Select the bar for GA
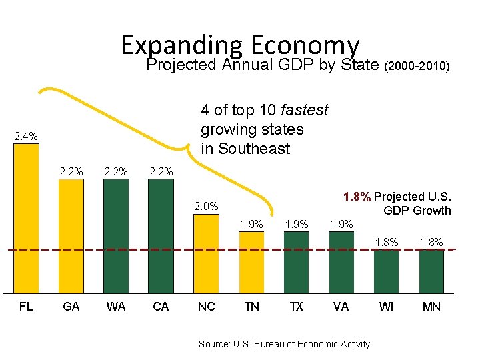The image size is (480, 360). [71, 237]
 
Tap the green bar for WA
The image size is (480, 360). [115, 237]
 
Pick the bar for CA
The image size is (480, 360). [160, 237]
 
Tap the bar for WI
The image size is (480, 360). [386, 272]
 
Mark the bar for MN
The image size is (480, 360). [431, 272]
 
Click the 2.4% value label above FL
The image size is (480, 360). [26, 137]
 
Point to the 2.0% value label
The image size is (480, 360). [206, 207]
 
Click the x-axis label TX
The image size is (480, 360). [296, 307]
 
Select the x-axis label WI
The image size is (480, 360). [386, 307]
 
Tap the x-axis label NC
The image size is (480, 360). [206, 307]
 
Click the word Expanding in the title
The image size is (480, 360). [180, 45]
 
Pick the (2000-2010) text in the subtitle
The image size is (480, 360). [417, 67]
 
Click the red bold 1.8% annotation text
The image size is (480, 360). [357, 197]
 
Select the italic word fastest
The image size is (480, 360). [305, 110]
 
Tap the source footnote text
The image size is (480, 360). [284, 344]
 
